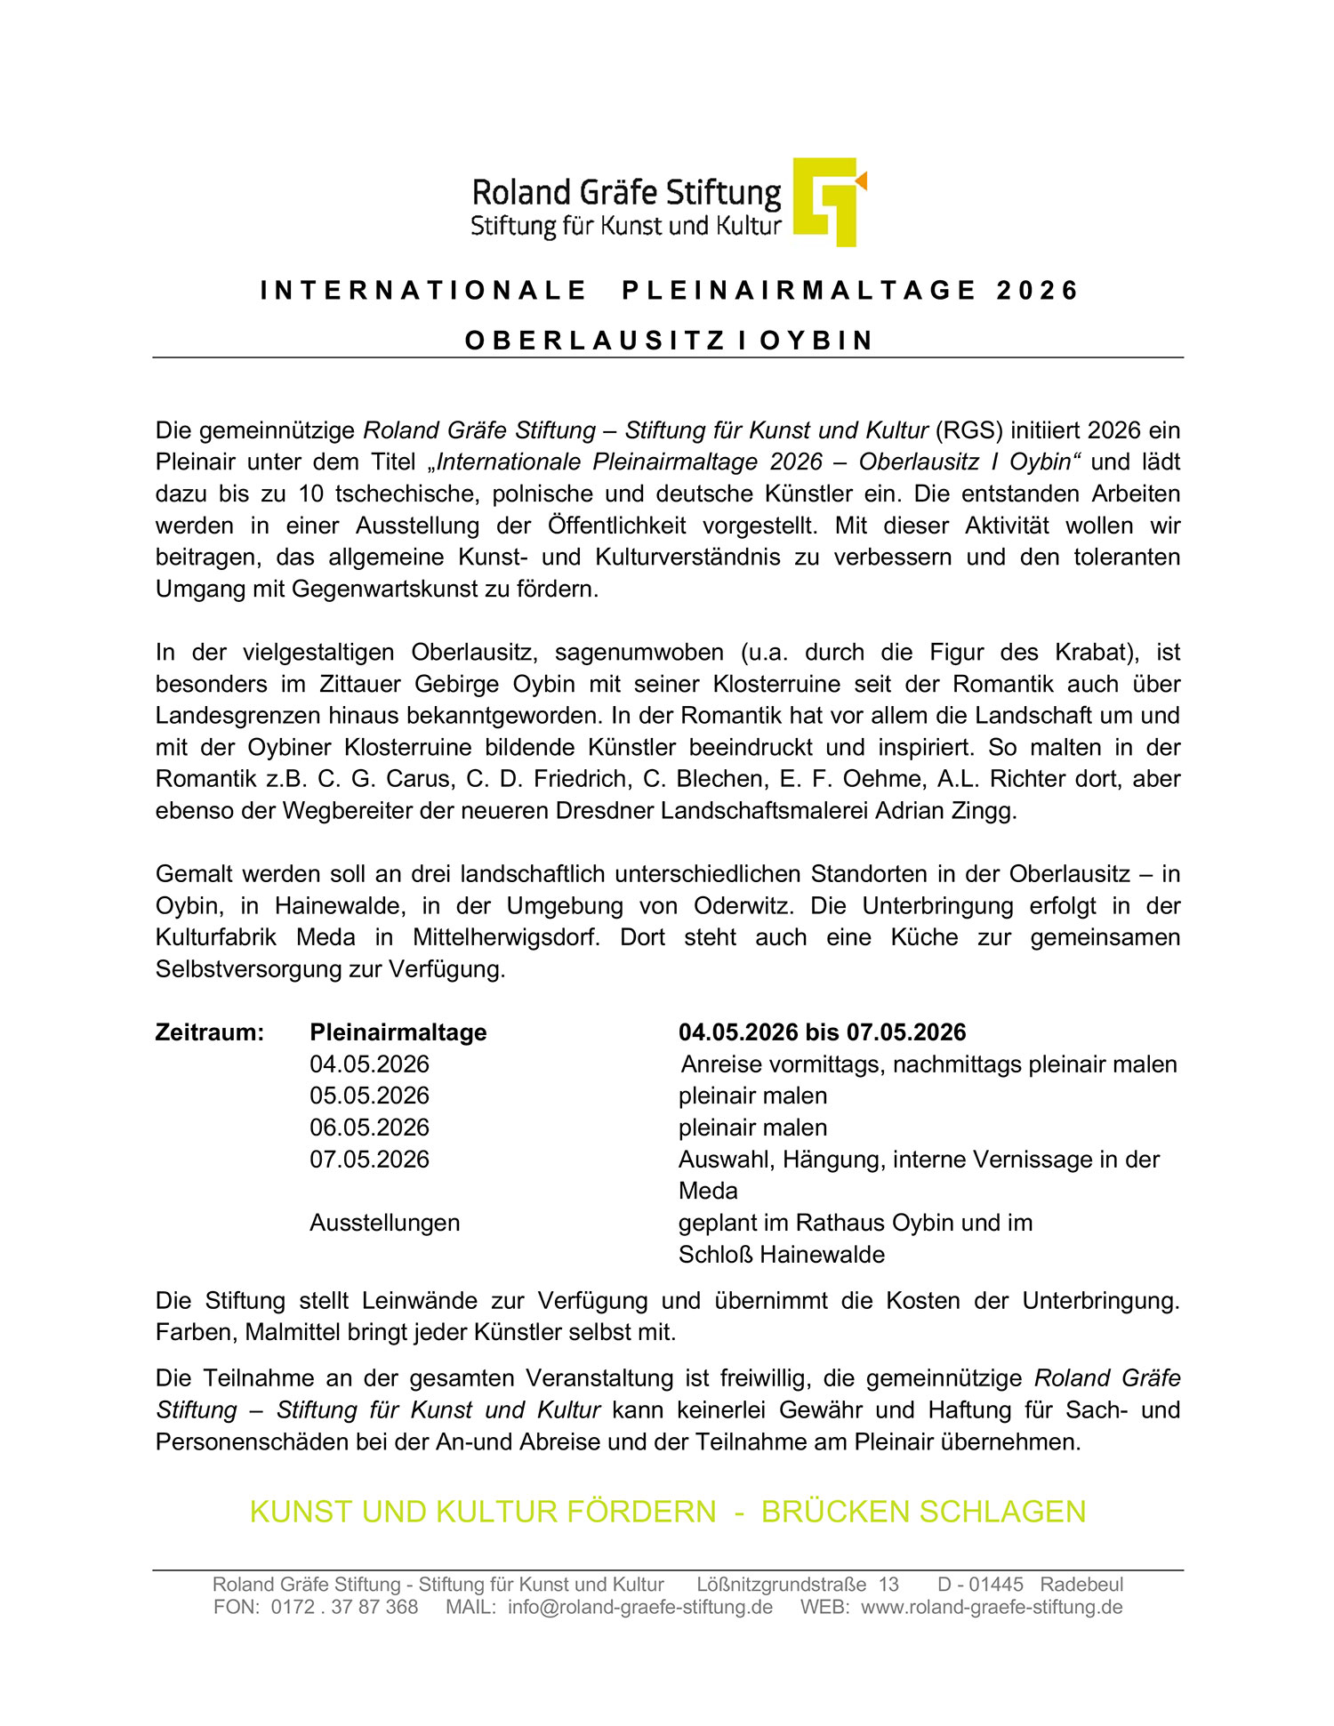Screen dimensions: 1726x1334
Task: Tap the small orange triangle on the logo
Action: point(861,181)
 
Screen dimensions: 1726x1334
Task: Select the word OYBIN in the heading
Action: point(816,341)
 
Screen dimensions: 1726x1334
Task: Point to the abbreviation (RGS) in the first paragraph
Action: point(968,430)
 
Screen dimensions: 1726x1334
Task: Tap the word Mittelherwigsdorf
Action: point(506,937)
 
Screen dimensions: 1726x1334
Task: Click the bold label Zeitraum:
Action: point(210,1032)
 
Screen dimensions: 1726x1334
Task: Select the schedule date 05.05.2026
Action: point(369,1096)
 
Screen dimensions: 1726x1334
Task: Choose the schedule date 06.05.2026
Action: point(369,1128)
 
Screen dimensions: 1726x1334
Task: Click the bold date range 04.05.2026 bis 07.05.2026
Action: point(822,1032)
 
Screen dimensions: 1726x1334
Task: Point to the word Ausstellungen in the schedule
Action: point(384,1223)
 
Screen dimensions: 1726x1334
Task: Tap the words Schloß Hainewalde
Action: point(781,1255)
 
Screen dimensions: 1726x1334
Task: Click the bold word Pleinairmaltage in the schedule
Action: point(398,1032)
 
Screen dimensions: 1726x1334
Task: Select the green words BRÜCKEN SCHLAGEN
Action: point(923,1512)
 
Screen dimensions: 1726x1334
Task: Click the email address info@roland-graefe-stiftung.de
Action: point(639,1607)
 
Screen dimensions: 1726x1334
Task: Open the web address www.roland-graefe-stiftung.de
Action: point(992,1607)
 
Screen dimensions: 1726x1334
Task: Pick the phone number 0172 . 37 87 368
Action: point(344,1607)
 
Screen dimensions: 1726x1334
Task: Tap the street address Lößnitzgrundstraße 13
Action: point(797,1585)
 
